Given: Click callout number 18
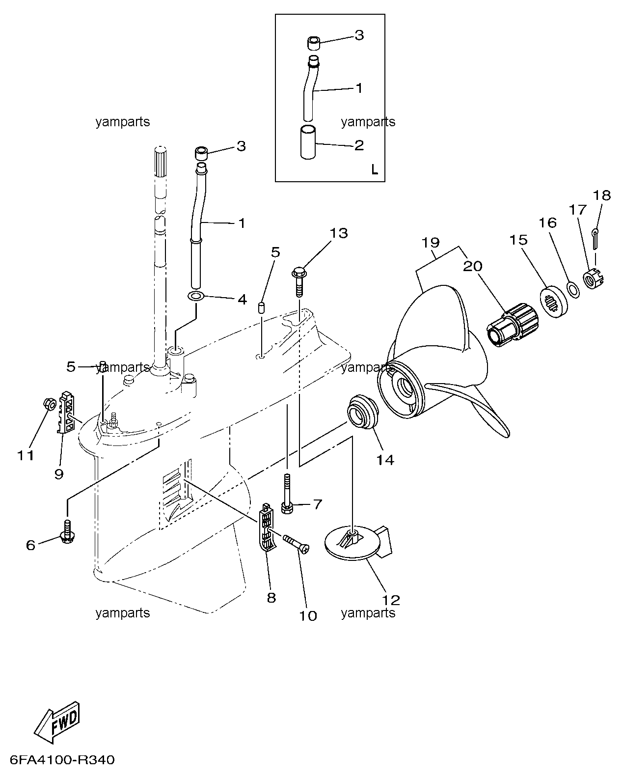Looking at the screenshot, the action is tap(602, 195).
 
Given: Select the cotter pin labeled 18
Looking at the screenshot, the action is tap(595, 239).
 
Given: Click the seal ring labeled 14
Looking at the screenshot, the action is tap(363, 412).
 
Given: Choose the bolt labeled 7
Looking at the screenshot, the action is tap(287, 494).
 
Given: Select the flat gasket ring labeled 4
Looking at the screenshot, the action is tap(196, 297).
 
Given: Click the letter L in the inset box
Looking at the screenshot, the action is tap(375, 170).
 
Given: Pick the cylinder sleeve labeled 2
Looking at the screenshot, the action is tap(308, 142).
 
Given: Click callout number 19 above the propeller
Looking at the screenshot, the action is tap(431, 243).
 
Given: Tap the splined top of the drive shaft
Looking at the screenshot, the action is tap(161, 162).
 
